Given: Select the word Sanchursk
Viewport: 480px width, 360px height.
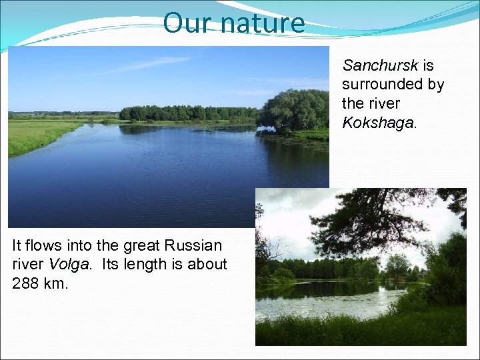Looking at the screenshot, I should pos(380,65).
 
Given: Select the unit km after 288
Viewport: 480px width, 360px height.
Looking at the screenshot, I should pos(57,283).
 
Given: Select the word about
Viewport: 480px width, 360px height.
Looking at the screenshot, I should pos(207,264).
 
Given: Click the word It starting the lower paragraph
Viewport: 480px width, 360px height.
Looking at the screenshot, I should pos(17,245).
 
